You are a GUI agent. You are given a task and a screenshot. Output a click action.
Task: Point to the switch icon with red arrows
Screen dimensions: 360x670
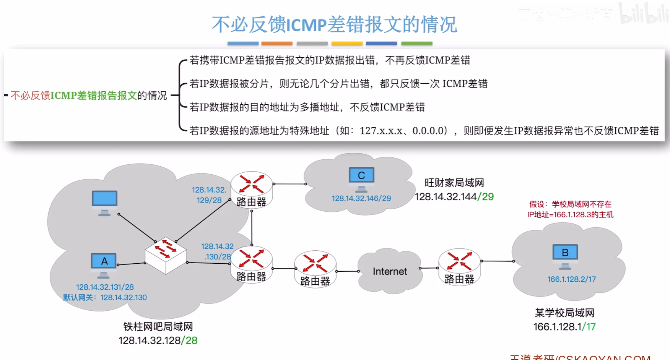[x=166, y=254]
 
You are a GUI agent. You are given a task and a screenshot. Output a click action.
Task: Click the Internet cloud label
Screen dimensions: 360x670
[x=390, y=271]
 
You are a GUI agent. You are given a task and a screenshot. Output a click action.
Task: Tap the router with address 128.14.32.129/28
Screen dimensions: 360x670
[x=251, y=189]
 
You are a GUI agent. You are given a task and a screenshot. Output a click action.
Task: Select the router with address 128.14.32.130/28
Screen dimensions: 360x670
[x=251, y=264]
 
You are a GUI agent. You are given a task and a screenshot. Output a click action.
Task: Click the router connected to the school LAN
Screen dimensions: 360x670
[x=459, y=266]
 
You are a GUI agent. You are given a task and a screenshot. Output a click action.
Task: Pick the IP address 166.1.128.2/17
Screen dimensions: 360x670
[x=571, y=279]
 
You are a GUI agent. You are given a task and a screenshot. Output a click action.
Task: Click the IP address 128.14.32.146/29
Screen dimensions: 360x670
[x=361, y=198]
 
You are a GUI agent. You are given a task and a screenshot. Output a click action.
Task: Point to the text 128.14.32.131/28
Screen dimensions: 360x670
[x=105, y=287]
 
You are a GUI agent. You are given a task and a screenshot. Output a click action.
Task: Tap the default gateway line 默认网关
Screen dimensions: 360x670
[x=105, y=297]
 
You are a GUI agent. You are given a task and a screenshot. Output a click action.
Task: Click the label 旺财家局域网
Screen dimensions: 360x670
[x=454, y=183]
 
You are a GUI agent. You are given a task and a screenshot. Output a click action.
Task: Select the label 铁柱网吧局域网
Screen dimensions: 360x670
[x=158, y=327]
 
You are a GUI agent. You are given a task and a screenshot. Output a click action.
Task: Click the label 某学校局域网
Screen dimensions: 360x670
[x=564, y=313]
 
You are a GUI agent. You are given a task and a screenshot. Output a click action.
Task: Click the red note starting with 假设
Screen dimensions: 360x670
[x=570, y=209]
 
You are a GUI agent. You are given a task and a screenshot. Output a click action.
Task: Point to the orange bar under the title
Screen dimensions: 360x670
[x=277, y=43]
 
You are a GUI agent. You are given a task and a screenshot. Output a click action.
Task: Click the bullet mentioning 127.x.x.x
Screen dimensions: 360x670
[x=424, y=131]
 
